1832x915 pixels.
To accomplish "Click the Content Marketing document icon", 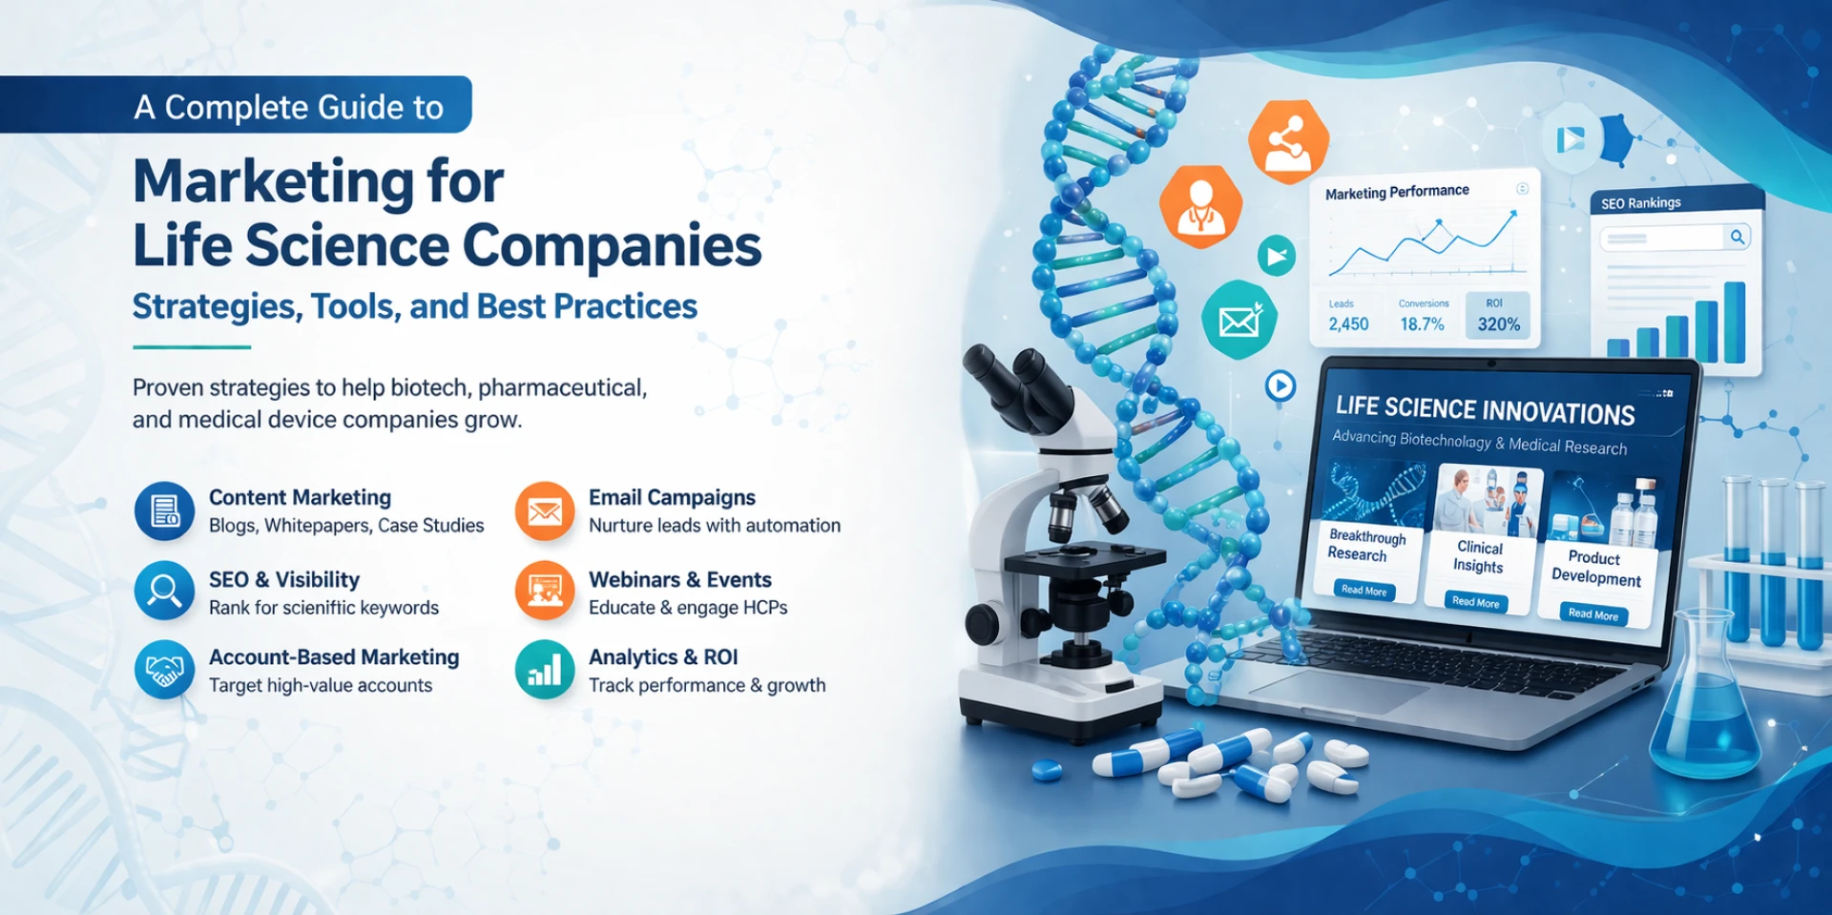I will (x=164, y=510).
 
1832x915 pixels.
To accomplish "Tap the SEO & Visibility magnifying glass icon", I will (x=164, y=591).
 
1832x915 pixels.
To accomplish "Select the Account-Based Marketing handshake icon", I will (x=164, y=670).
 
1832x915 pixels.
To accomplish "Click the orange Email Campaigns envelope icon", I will (x=544, y=511).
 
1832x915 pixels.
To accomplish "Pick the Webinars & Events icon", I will (x=544, y=591).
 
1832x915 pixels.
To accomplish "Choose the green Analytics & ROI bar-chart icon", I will (x=544, y=670).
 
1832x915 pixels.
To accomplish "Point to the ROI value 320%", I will (x=1498, y=324).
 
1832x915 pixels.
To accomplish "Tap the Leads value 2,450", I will (x=1348, y=324).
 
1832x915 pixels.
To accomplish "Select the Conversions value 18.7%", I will (x=1422, y=324).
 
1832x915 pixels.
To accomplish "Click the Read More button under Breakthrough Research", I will (x=1364, y=591).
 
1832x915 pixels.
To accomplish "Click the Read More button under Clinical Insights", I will (x=1475, y=602).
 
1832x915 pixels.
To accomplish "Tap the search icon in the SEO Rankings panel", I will (x=1738, y=237).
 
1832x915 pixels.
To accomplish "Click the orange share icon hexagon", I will (x=1288, y=141).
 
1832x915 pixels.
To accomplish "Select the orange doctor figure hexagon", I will (x=1200, y=206).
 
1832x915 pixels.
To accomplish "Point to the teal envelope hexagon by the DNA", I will (x=1239, y=321).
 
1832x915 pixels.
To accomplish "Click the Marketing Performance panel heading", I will (x=1397, y=192).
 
